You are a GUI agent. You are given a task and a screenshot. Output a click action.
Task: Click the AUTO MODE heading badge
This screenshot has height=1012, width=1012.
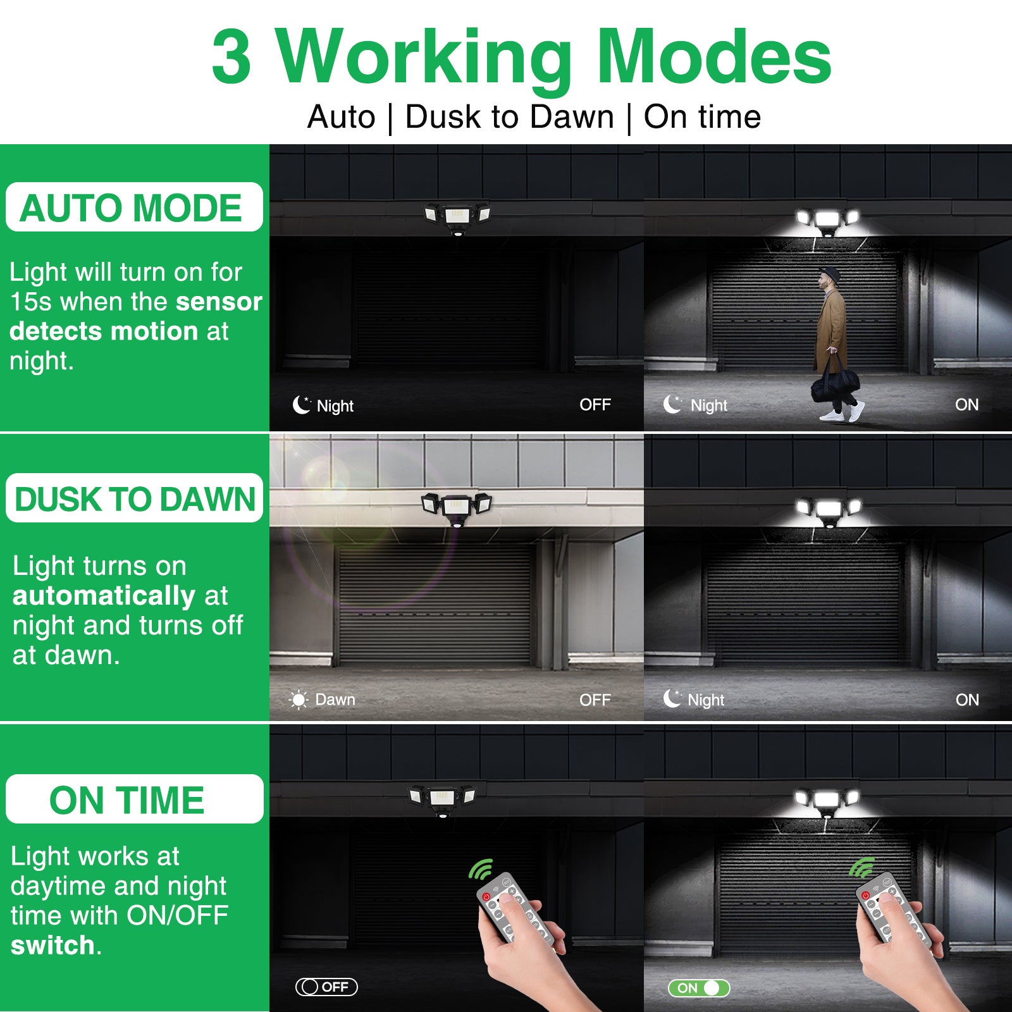pyautogui.click(x=134, y=207)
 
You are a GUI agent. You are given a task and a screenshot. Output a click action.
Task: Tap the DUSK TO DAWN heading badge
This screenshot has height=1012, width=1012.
pyautogui.click(x=134, y=498)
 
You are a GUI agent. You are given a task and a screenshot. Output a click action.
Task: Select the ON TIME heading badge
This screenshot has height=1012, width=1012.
pyautogui.click(x=134, y=799)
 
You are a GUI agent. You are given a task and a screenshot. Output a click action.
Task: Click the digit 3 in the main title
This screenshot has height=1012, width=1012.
pyautogui.click(x=231, y=57)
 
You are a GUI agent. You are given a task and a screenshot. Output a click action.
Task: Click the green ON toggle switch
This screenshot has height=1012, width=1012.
pyautogui.click(x=699, y=988)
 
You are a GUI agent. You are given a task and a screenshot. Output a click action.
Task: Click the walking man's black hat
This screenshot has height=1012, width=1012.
pyautogui.click(x=830, y=275)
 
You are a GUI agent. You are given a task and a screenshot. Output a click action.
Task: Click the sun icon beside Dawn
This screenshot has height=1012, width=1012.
pyautogui.click(x=299, y=700)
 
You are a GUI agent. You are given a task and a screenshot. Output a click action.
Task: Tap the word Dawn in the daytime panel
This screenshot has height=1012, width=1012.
pyautogui.click(x=335, y=700)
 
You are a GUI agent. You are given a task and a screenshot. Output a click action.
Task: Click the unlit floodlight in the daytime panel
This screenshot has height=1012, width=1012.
pyautogui.click(x=457, y=508)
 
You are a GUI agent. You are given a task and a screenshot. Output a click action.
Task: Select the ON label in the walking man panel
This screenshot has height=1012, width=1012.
pyautogui.click(x=966, y=405)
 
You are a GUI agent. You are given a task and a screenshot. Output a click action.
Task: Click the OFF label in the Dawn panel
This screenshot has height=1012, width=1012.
pyautogui.click(x=595, y=700)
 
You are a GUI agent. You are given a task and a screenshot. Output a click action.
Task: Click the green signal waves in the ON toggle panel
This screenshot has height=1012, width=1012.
pyautogui.click(x=861, y=868)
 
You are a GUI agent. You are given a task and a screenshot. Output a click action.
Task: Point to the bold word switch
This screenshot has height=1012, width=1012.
pyautogui.click(x=53, y=945)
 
